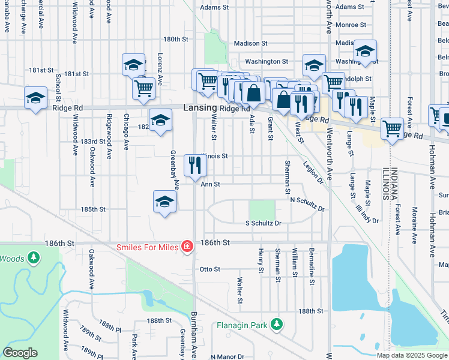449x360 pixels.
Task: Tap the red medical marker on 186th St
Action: tap(187, 246)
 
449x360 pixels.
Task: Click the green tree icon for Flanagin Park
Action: tap(276, 325)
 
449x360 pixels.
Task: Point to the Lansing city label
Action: tap(199, 107)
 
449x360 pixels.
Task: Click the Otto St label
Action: tap(210, 269)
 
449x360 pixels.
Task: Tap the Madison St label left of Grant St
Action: tap(250, 43)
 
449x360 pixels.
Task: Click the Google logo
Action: tap(20, 353)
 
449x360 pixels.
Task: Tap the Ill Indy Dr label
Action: tap(367, 212)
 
